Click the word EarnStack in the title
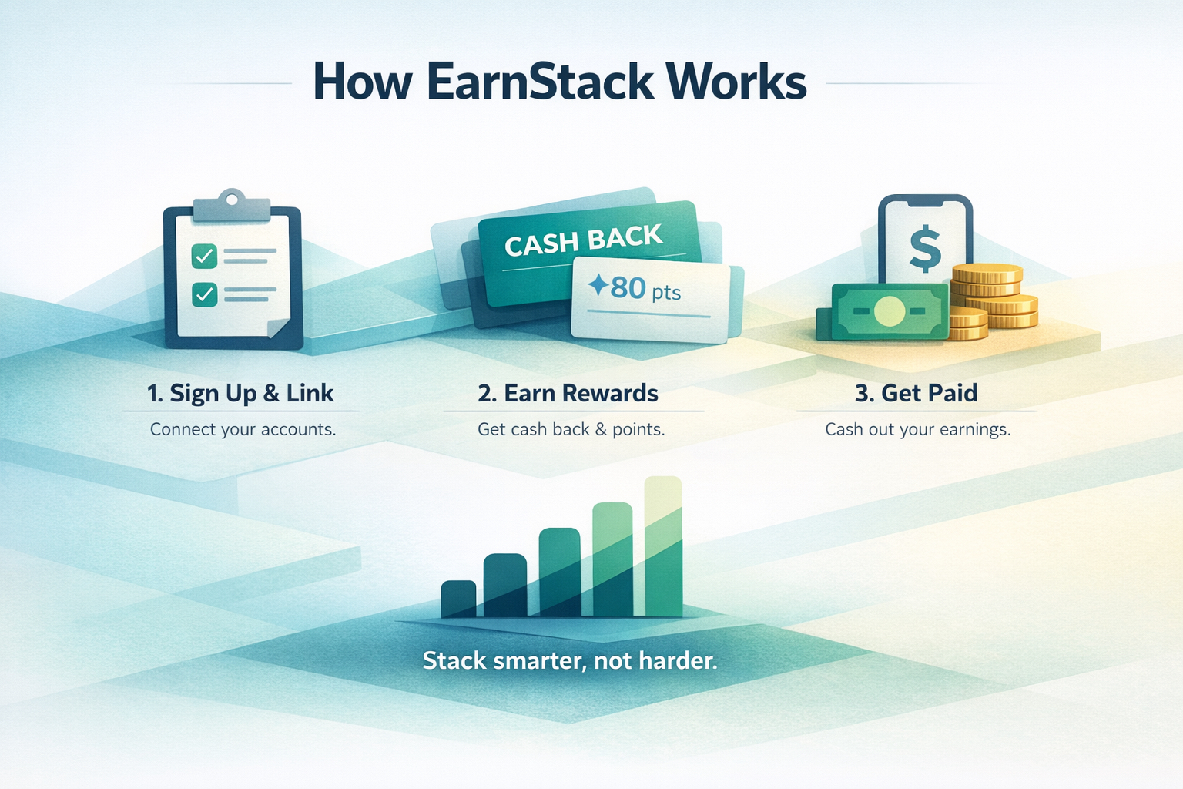540,82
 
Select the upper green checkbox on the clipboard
204,256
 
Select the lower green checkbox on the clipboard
204,294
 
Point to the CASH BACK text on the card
583,240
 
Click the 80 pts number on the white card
628,288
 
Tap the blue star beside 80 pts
598,286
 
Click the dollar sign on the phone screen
925,250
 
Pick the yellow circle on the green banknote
890,311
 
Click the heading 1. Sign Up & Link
240,393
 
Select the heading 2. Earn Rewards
568,393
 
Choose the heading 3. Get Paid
916,393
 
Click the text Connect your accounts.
243,429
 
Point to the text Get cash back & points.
571,429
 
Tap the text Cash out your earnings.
917,429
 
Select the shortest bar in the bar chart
458,599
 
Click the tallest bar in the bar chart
663,547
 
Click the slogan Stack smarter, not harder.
570,660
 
